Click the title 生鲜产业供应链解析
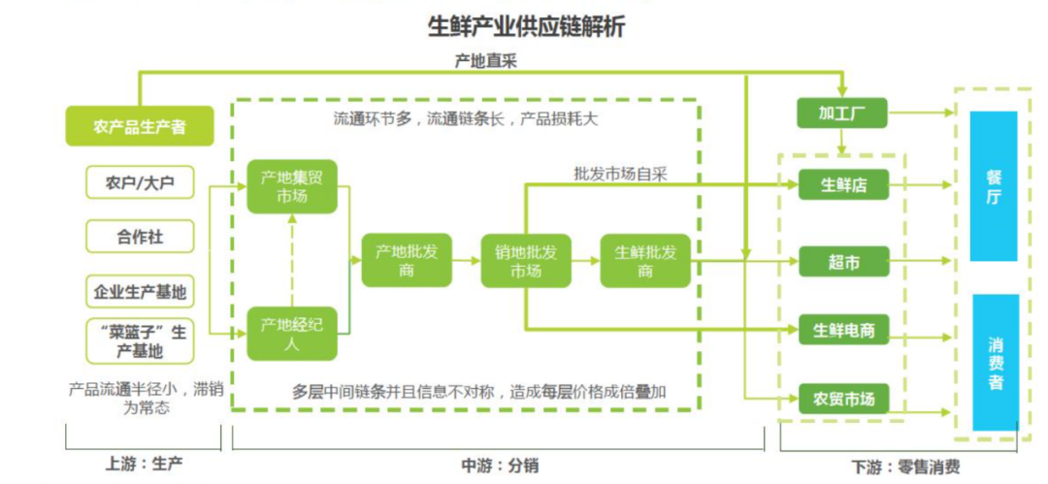[x=526, y=26]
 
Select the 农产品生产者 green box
[x=140, y=126]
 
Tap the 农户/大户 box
[x=140, y=181]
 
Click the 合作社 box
[x=140, y=236]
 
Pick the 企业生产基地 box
[x=140, y=290]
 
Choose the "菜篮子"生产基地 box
[x=140, y=340]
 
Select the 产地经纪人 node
[x=291, y=334]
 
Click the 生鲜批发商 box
[x=645, y=260]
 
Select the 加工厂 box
[x=841, y=113]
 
